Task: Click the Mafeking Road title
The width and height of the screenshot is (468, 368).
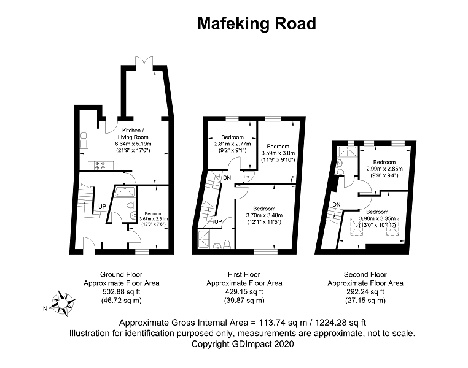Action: [256, 24]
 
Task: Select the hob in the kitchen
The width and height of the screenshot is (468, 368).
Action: [99, 165]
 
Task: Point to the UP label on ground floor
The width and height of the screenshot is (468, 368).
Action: [102, 206]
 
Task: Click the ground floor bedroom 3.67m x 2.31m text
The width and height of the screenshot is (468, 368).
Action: [152, 219]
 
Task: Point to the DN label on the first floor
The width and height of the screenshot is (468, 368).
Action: [227, 177]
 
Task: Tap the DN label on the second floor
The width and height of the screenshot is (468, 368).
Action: [336, 204]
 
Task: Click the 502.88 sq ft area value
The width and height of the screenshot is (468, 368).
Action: [122, 291]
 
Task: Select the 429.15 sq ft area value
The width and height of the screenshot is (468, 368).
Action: [244, 291]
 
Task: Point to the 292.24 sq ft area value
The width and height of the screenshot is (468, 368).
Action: [365, 291]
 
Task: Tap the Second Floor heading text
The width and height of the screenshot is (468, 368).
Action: [365, 274]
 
